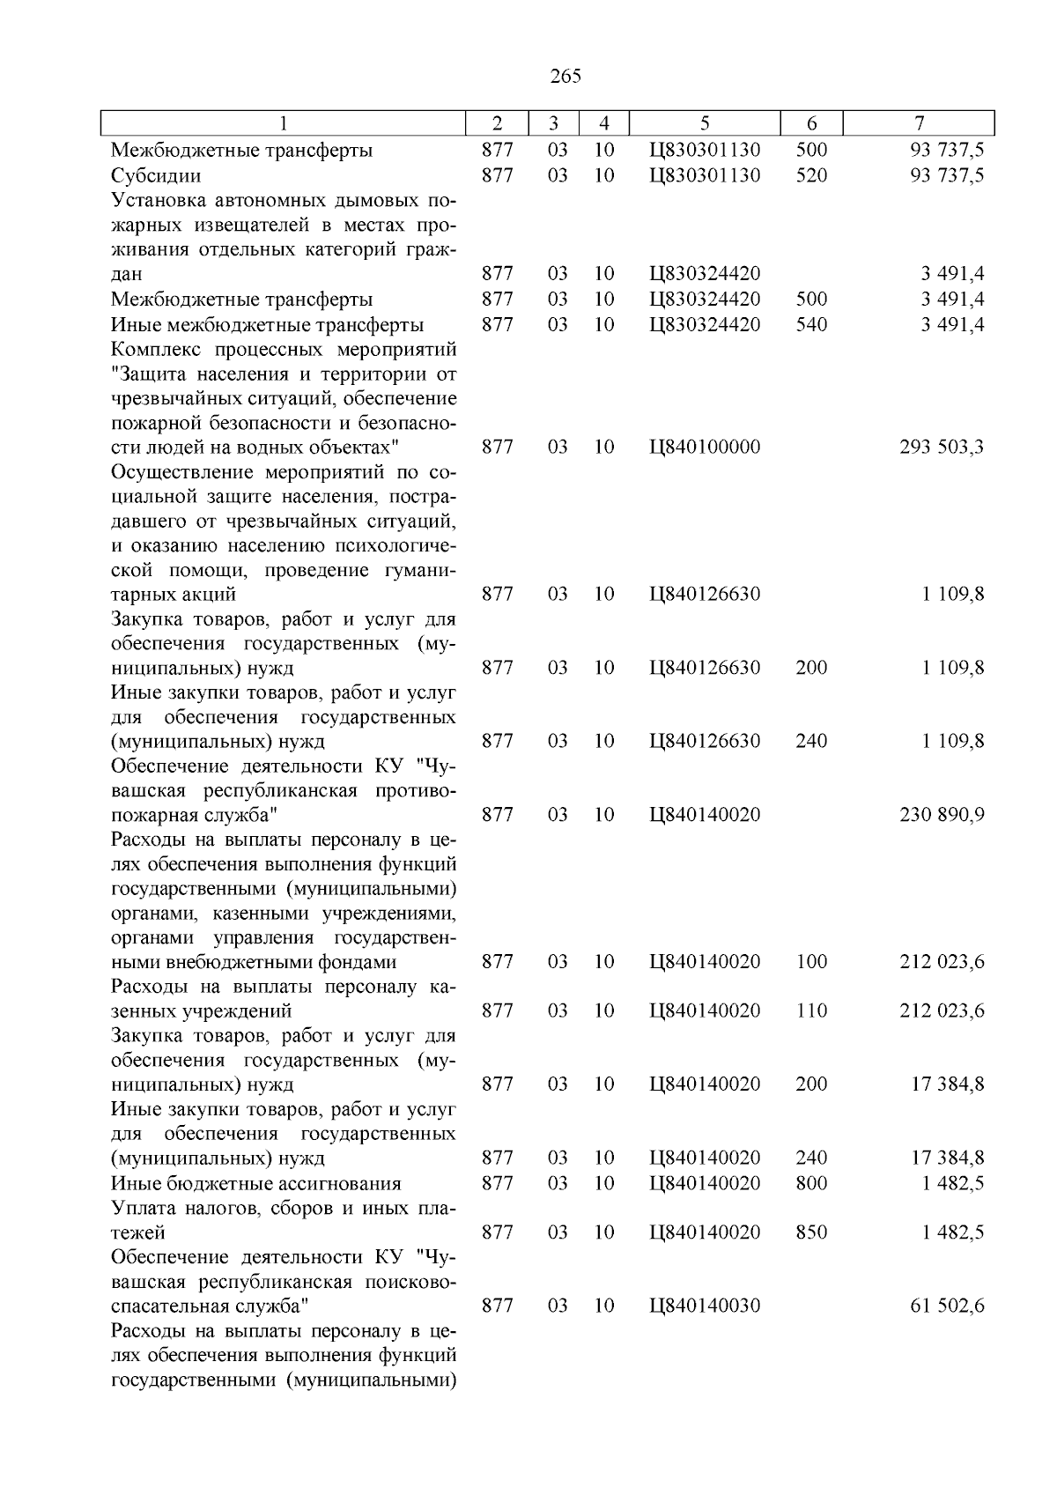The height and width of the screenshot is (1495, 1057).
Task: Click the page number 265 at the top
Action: [565, 77]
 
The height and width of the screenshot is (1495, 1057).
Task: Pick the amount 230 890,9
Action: [942, 815]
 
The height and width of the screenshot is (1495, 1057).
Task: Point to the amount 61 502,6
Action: [947, 1306]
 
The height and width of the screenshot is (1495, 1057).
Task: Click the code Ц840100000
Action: [705, 448]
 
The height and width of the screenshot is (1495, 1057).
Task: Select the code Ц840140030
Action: [705, 1306]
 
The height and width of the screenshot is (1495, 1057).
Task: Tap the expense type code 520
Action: [811, 175]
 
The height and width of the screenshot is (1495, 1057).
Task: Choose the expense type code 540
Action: [811, 325]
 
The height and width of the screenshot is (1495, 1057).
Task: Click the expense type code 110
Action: [811, 1011]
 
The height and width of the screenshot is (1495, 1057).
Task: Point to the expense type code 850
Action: [811, 1232]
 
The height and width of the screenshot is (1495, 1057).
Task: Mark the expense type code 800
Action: [811, 1183]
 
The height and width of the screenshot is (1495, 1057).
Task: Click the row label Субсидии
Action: [156, 175]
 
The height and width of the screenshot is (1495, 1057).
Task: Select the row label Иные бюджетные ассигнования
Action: [255, 1183]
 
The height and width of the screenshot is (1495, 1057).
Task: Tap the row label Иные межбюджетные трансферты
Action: [267, 325]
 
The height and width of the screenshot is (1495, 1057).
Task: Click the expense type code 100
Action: [811, 962]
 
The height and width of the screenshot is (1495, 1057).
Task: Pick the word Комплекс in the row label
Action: [157, 350]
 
